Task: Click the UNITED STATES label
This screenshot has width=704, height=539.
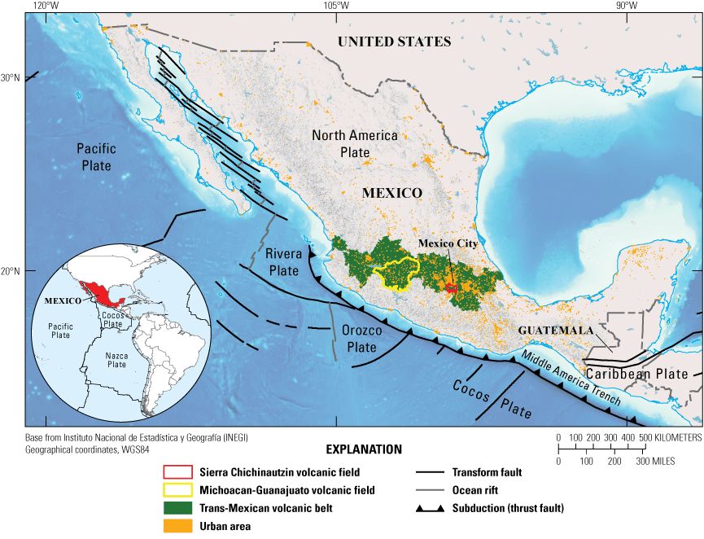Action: [x=395, y=42]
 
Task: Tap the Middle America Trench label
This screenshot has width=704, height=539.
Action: [x=572, y=380]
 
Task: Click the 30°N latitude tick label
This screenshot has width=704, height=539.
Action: [x=10, y=78]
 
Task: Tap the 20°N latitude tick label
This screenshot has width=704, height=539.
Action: [x=10, y=271]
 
